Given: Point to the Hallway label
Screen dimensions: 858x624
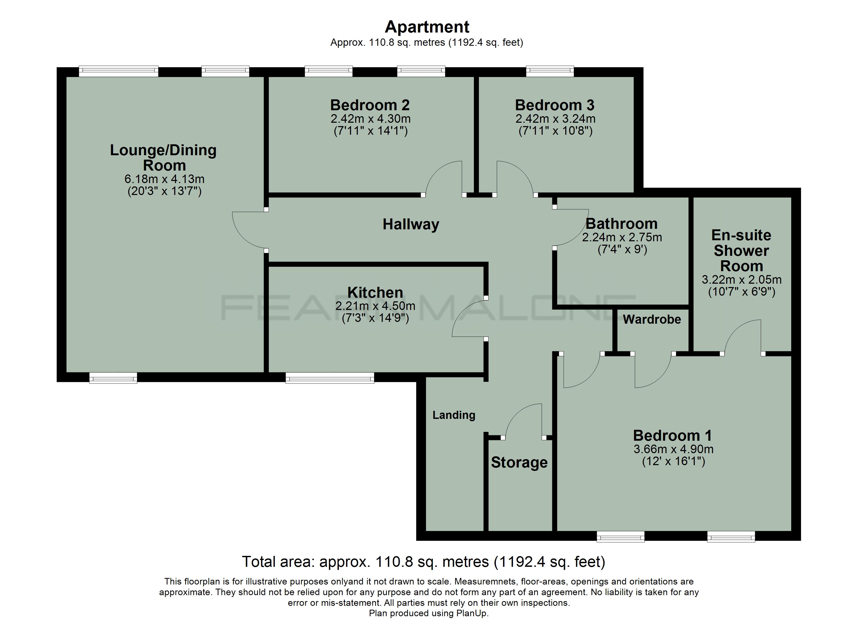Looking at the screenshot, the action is coord(411,224).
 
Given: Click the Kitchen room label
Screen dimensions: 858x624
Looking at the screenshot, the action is coord(375,292).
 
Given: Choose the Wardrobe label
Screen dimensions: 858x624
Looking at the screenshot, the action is coord(652,319).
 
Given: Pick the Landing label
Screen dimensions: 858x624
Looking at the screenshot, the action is coord(454,415).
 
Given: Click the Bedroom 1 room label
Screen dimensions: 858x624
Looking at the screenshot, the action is coord(673,435).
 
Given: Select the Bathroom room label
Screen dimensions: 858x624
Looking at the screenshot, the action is coord(622,224).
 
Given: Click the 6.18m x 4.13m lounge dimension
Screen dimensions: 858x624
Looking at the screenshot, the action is coord(165,179).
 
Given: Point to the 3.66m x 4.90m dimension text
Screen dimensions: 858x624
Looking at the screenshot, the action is coord(674,449).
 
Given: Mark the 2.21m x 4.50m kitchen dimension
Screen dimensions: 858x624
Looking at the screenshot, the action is coord(375,306).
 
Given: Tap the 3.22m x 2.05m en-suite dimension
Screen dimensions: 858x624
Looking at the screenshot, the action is coord(742,280).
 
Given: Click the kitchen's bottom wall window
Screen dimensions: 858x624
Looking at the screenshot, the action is coord(330,378).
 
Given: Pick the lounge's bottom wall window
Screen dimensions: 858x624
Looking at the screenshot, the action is coord(113,378).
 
